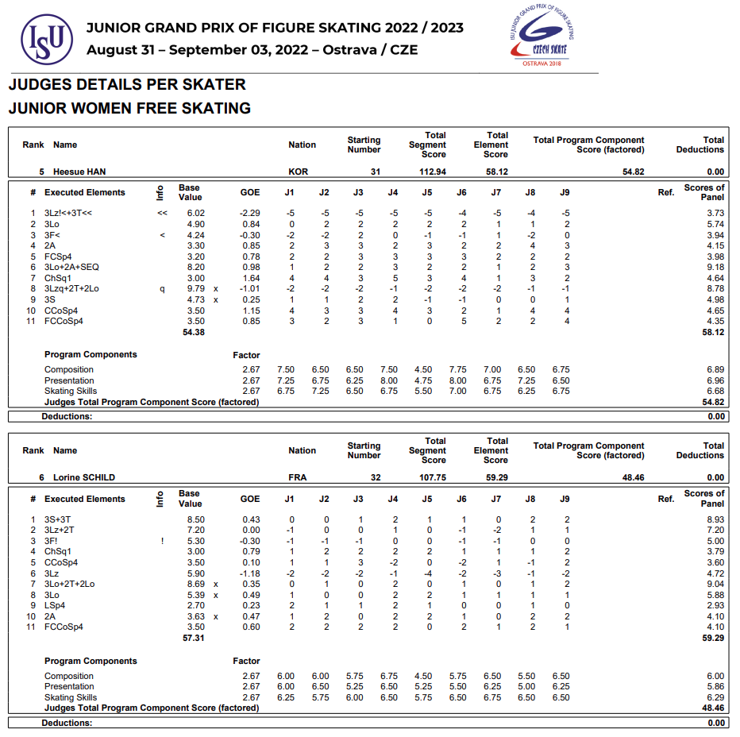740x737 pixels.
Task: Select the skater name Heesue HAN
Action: (79, 172)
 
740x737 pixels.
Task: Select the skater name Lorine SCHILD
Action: (84, 477)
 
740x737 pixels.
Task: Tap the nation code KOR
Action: (299, 172)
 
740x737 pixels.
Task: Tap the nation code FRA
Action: (298, 477)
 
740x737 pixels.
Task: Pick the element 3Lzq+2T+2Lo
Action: (71, 289)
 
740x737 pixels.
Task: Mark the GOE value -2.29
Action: (249, 213)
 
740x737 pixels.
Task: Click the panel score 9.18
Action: (715, 268)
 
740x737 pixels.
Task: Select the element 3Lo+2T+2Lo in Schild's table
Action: (69, 584)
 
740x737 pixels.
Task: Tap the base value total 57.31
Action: (194, 638)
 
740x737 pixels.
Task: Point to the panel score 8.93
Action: (715, 519)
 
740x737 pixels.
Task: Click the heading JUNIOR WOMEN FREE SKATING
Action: (129, 108)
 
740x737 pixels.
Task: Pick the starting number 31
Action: (376, 172)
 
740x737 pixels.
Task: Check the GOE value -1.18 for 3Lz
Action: (249, 573)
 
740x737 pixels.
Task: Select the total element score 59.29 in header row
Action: (495, 477)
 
